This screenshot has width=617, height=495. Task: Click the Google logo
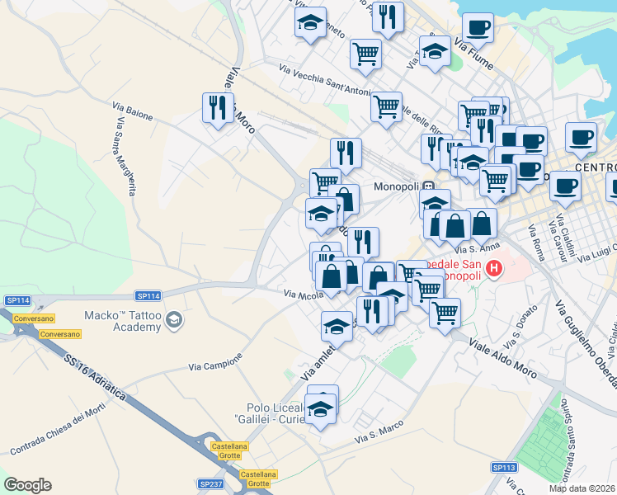[27, 485]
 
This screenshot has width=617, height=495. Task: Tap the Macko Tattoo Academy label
[123, 321]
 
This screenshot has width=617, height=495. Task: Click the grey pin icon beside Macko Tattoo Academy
[174, 318]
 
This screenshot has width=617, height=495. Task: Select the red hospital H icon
[493, 268]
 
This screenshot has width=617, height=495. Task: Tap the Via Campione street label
[215, 363]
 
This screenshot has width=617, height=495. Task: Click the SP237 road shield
[211, 484]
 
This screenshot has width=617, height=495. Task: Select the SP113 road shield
[504, 468]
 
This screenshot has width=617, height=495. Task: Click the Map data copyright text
[582, 488]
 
